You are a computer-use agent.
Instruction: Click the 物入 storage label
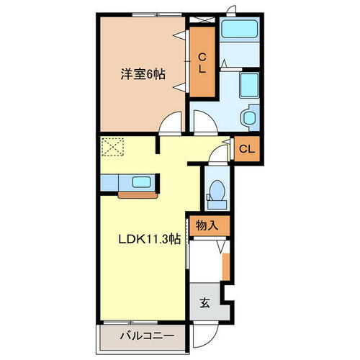click(x=207, y=225)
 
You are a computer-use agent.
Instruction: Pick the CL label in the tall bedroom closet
click(x=202, y=63)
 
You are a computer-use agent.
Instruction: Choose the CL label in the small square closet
click(x=246, y=150)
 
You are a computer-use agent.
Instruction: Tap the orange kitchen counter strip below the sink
click(x=134, y=194)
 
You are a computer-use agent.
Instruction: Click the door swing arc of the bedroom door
click(x=170, y=124)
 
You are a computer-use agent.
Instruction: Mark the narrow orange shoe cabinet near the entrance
click(x=225, y=265)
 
